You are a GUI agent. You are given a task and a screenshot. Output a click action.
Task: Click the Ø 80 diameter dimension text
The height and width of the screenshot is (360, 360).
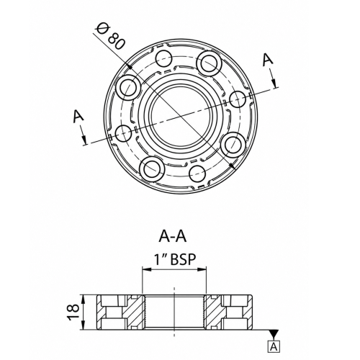pos(110,37)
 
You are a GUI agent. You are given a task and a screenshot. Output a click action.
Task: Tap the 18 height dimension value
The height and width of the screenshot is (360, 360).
pos(73,312)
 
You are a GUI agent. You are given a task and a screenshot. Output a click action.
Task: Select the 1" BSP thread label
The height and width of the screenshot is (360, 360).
pos(175,259)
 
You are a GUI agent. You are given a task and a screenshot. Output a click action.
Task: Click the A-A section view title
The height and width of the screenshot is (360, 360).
pos(172,236)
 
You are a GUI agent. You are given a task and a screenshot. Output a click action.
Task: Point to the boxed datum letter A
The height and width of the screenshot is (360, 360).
pos(274,346)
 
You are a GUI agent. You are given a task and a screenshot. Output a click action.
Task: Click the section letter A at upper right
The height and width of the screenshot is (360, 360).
pos(268,59)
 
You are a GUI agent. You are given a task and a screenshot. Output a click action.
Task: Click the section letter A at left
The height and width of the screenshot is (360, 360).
pos(78,117)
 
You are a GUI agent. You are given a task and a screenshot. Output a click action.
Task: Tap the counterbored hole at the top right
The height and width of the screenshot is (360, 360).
pos(209,64)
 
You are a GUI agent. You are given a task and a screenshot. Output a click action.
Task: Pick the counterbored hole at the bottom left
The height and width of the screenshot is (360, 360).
pos(152,169)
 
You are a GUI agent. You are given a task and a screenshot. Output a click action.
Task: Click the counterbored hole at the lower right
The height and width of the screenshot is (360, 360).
pos(233,145)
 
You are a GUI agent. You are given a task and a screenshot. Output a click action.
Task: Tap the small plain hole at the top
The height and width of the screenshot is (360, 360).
pos(164,59)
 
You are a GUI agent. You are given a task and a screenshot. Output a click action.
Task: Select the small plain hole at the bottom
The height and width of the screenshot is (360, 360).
pos(197,174)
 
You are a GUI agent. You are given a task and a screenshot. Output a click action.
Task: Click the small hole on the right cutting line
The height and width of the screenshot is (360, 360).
pos(238,99)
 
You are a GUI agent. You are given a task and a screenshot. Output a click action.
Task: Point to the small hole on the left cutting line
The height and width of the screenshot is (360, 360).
pos(124,133)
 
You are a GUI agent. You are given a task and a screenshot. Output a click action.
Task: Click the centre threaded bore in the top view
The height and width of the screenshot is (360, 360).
pos(181,116)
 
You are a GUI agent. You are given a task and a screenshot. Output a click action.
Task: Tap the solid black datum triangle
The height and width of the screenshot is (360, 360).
pos(274,333)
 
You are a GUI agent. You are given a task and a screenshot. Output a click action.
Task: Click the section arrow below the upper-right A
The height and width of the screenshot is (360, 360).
pos(274,78)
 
